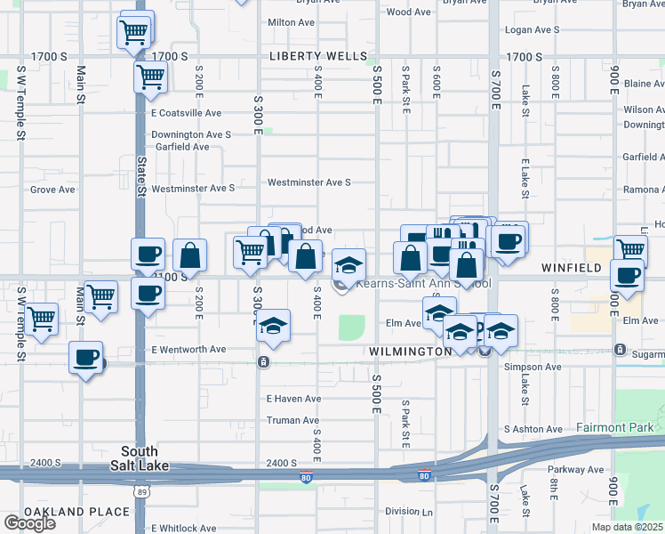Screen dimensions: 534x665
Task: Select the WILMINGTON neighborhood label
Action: [410, 352]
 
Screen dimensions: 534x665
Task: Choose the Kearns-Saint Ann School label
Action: [423, 285]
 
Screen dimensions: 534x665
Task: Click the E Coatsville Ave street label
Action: [186, 113]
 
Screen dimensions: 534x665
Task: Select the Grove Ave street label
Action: [52, 190]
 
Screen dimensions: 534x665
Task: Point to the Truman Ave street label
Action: [292, 420]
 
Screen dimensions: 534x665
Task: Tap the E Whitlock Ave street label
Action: [184, 528]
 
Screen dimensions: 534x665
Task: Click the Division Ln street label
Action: [409, 512]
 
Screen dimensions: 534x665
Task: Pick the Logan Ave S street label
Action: [532, 29]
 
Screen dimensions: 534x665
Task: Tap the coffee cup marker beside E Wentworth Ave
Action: [86, 358]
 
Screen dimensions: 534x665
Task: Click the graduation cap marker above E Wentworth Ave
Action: [275, 327]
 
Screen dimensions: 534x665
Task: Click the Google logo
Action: [30, 523]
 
